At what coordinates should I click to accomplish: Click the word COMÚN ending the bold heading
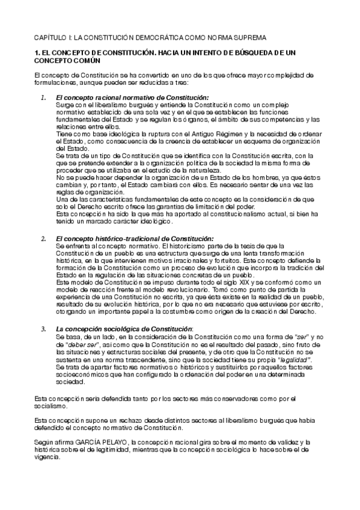pos(88,61)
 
